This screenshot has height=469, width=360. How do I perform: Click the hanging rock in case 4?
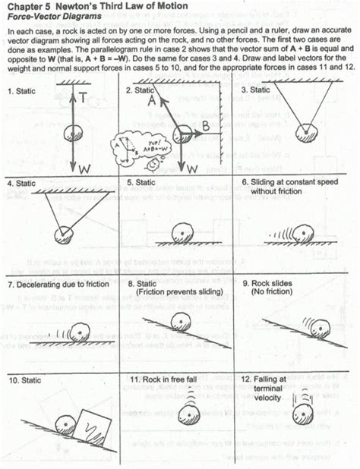pos(63,234)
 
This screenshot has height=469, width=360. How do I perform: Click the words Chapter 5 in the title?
pos(28,7)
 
